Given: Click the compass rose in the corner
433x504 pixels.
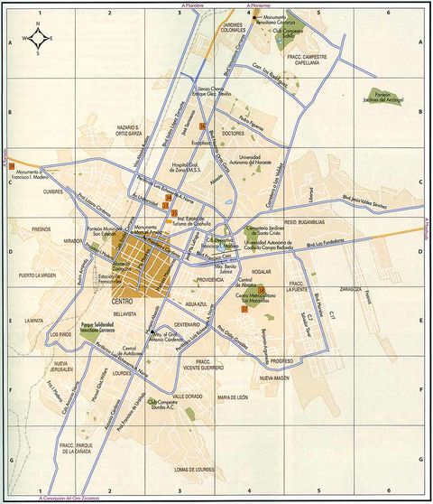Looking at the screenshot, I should pyautogui.click(x=39, y=39).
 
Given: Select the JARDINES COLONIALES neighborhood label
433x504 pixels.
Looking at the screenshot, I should pyautogui.click(x=234, y=28).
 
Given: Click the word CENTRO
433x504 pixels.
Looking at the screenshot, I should pyautogui.click(x=123, y=300).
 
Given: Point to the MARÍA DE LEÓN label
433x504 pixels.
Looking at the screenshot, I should pyautogui.click(x=232, y=397).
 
